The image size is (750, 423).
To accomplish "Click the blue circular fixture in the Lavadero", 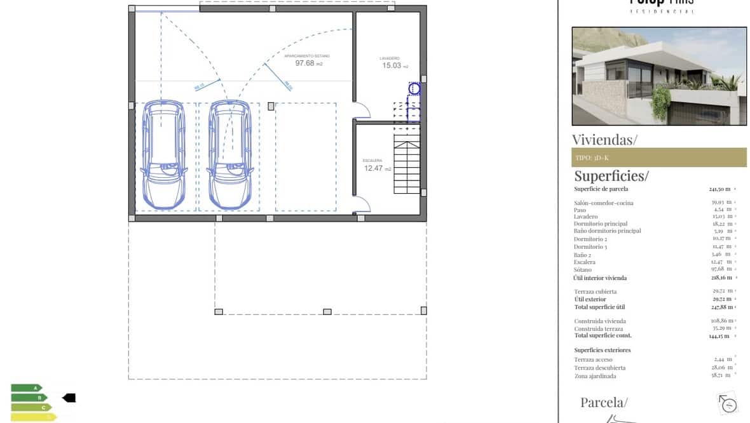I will coord(414,89).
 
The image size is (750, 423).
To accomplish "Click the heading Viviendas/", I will coord(604,140).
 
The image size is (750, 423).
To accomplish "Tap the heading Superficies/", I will coord(611,176).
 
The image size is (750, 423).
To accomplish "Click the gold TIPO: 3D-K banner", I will coord(658,158).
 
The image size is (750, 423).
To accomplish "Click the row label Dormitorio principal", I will coord(601,224).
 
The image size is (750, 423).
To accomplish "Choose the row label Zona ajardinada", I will coord(595,376).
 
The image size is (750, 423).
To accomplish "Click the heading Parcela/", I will coord(603,402).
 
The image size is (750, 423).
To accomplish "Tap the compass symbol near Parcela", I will coord(728,403).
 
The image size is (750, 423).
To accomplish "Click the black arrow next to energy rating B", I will coord(69,398).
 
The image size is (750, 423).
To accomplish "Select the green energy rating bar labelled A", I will coord(26,387).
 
